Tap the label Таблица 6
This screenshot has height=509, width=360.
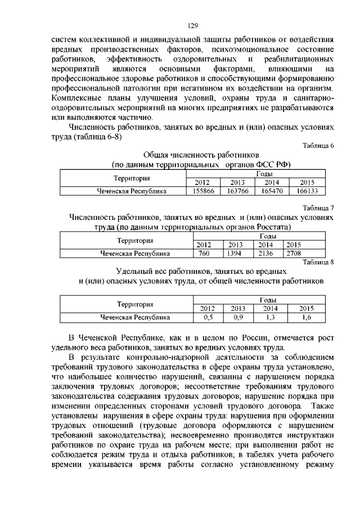318,146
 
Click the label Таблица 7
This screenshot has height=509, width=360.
318,208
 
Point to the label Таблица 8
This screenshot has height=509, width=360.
318,262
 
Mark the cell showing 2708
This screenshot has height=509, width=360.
294,253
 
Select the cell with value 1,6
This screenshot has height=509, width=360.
306,317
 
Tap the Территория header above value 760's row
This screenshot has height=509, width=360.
134,241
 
